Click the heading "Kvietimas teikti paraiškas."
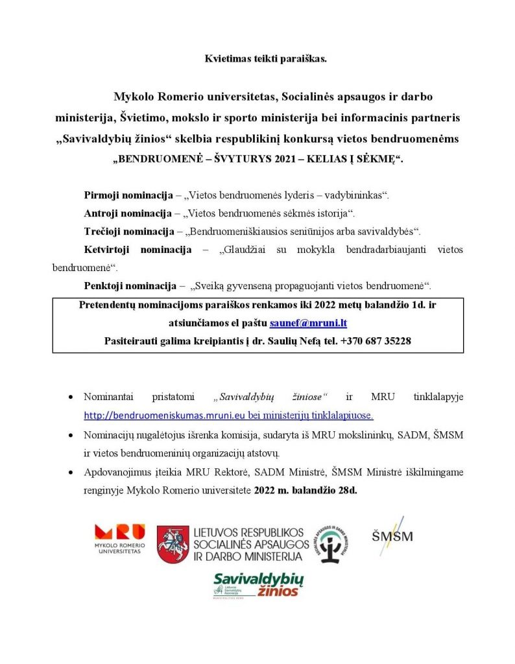(257, 59)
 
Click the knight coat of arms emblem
(173, 544)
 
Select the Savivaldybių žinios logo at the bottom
(257, 585)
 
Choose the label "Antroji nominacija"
(124, 213)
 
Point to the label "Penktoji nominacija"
(127, 285)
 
